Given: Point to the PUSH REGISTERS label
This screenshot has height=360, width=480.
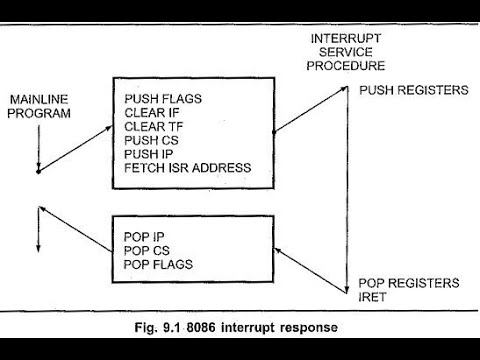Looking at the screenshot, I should [x=413, y=90].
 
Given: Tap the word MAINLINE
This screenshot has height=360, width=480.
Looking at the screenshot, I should [x=39, y=101].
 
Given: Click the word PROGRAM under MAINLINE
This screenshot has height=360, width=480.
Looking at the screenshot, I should [x=39, y=114].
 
